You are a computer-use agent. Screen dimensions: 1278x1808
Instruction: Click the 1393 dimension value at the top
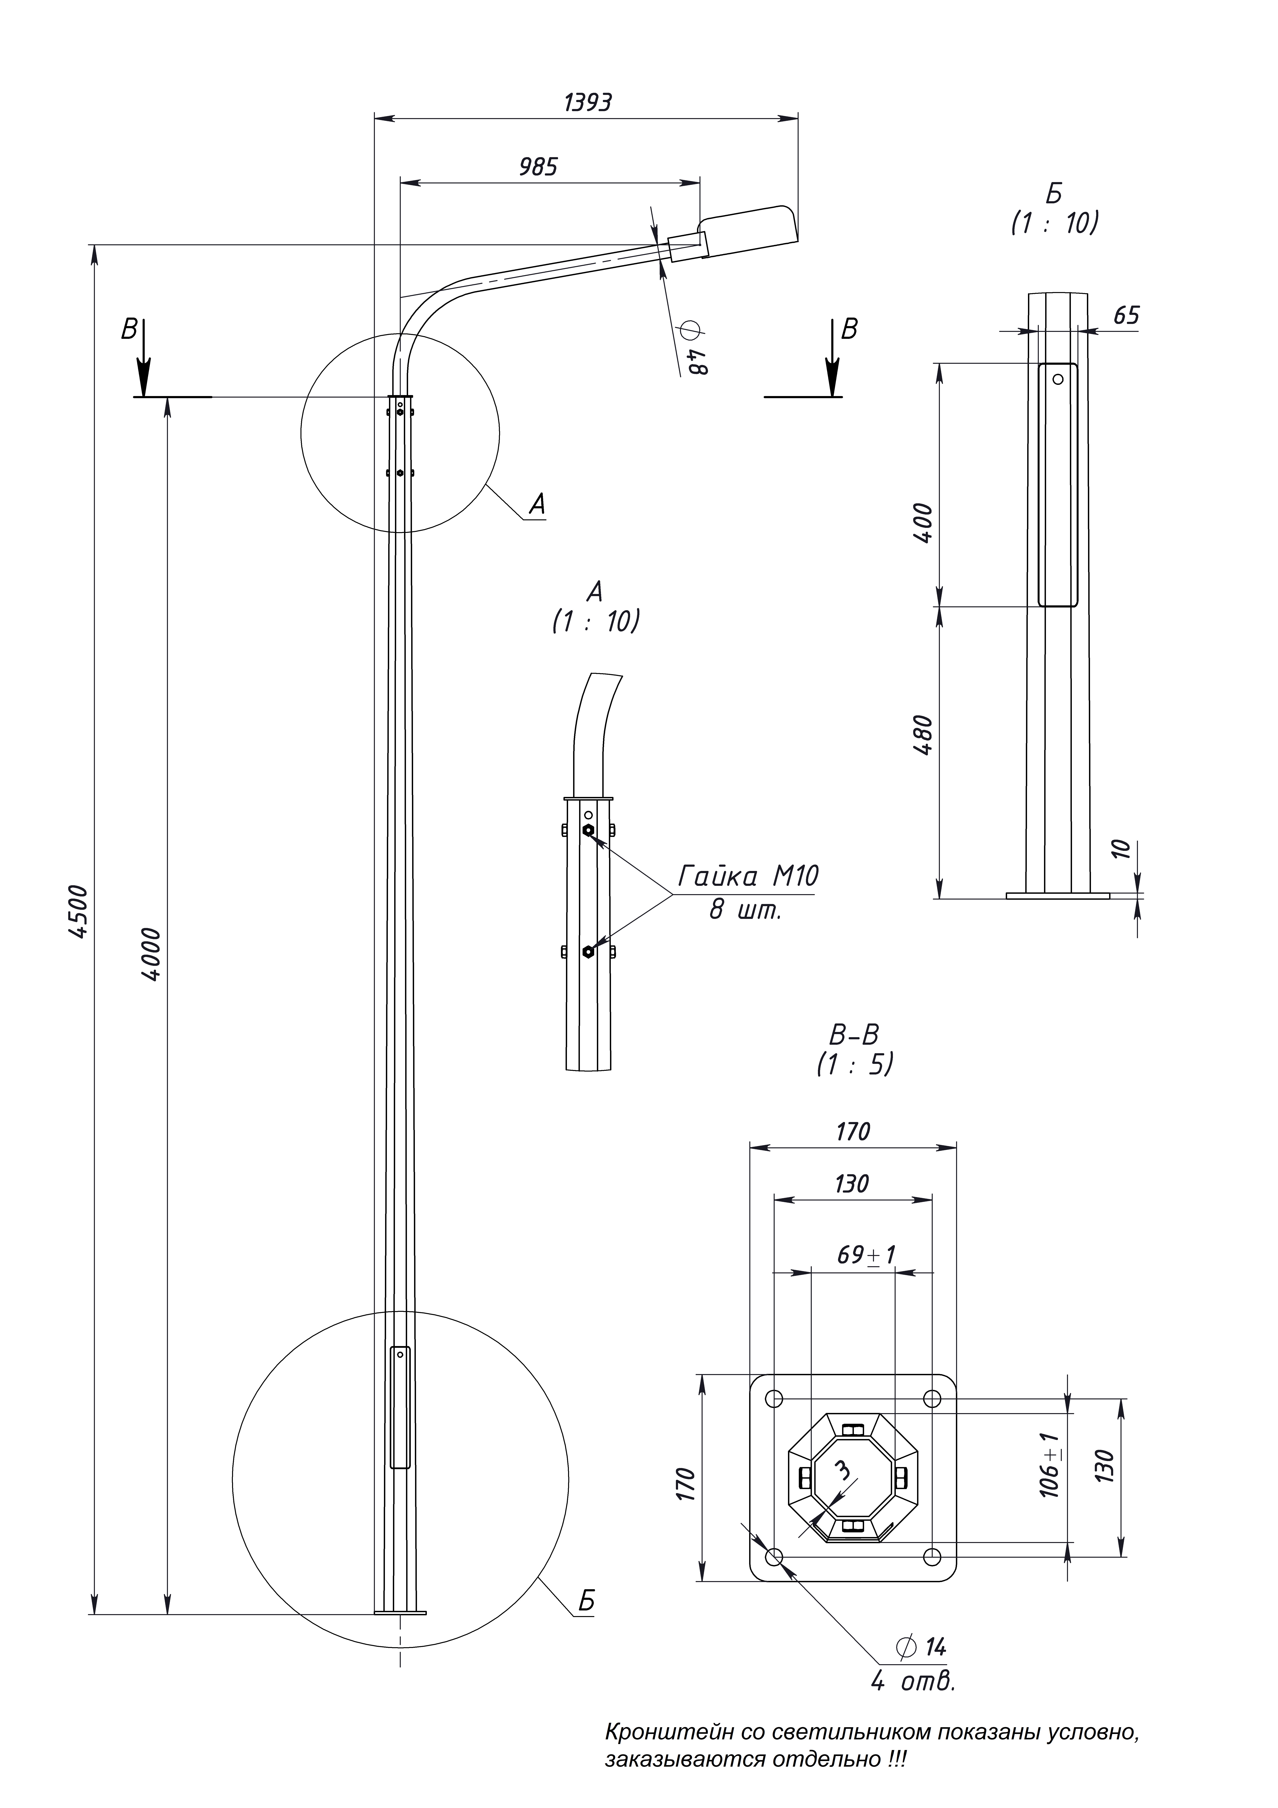coord(587,102)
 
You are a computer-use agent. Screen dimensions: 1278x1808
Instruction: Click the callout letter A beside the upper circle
coord(537,504)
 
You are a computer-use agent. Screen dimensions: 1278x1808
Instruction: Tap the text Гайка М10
coord(748,876)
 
